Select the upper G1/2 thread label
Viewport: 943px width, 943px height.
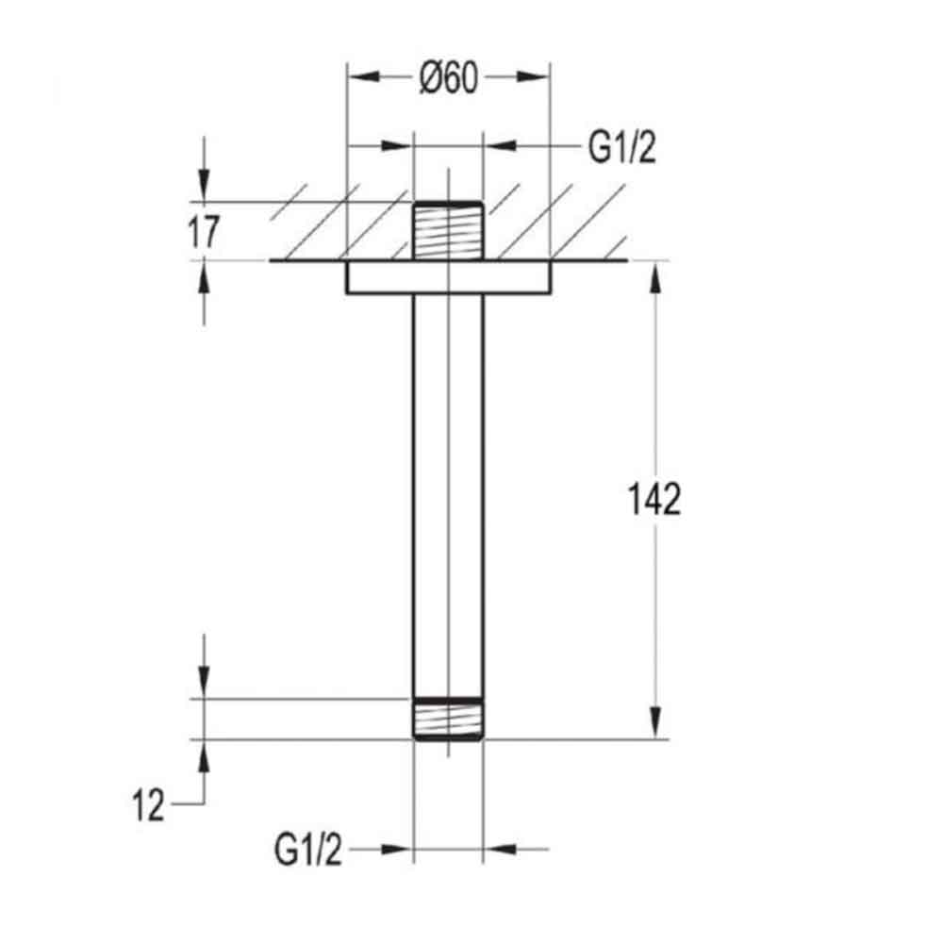[x=621, y=148]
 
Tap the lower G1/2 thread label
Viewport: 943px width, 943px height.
[x=308, y=852]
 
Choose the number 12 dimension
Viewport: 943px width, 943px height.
[x=148, y=806]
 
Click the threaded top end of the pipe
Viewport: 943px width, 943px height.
[x=448, y=231]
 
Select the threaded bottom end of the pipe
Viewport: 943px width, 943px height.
[x=448, y=719]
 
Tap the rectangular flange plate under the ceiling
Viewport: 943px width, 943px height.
[x=448, y=278]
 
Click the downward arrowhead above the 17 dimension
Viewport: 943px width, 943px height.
[x=205, y=190]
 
